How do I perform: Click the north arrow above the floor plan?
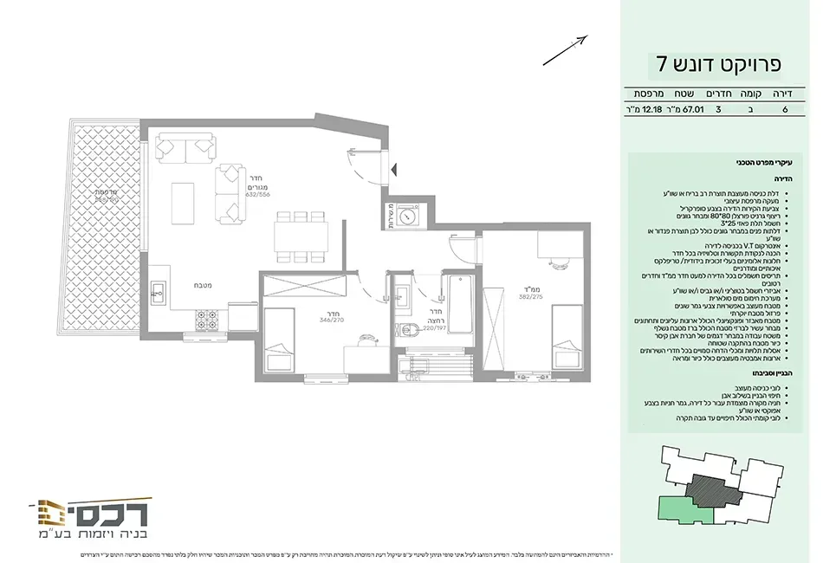click(x=565, y=50)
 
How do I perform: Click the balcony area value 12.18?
click(x=646, y=110)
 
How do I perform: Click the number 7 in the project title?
click(x=662, y=63)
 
